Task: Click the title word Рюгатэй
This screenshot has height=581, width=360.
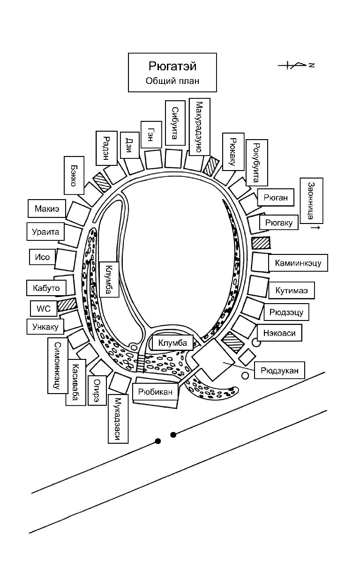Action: click(172, 66)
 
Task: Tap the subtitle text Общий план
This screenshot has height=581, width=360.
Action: click(172, 81)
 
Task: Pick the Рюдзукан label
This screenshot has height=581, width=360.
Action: click(280, 371)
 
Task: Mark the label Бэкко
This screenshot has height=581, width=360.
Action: click(73, 175)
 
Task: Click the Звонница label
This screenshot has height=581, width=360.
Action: click(310, 200)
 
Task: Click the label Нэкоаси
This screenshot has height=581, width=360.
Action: click(279, 333)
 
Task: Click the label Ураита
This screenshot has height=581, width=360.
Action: click(45, 231)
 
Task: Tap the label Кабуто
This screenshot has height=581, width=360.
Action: click(46, 288)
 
